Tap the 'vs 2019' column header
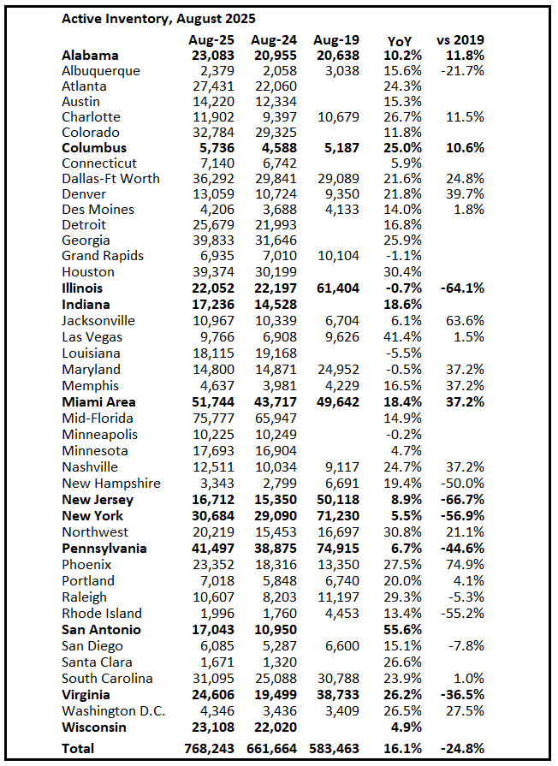click(x=460, y=40)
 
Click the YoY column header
click(x=399, y=40)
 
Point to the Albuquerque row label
click(x=101, y=71)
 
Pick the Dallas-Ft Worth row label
click(x=111, y=179)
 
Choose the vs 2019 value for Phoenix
click(x=464, y=565)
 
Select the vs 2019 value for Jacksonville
click(x=464, y=321)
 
